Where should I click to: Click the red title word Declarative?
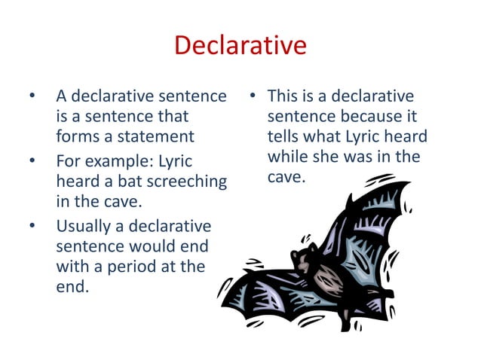point(240,46)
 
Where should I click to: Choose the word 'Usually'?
point(85,227)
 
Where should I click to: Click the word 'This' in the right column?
point(283,96)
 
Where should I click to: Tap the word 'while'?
point(287,157)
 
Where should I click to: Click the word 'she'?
point(337,157)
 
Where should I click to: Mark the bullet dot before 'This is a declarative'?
point(253,97)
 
